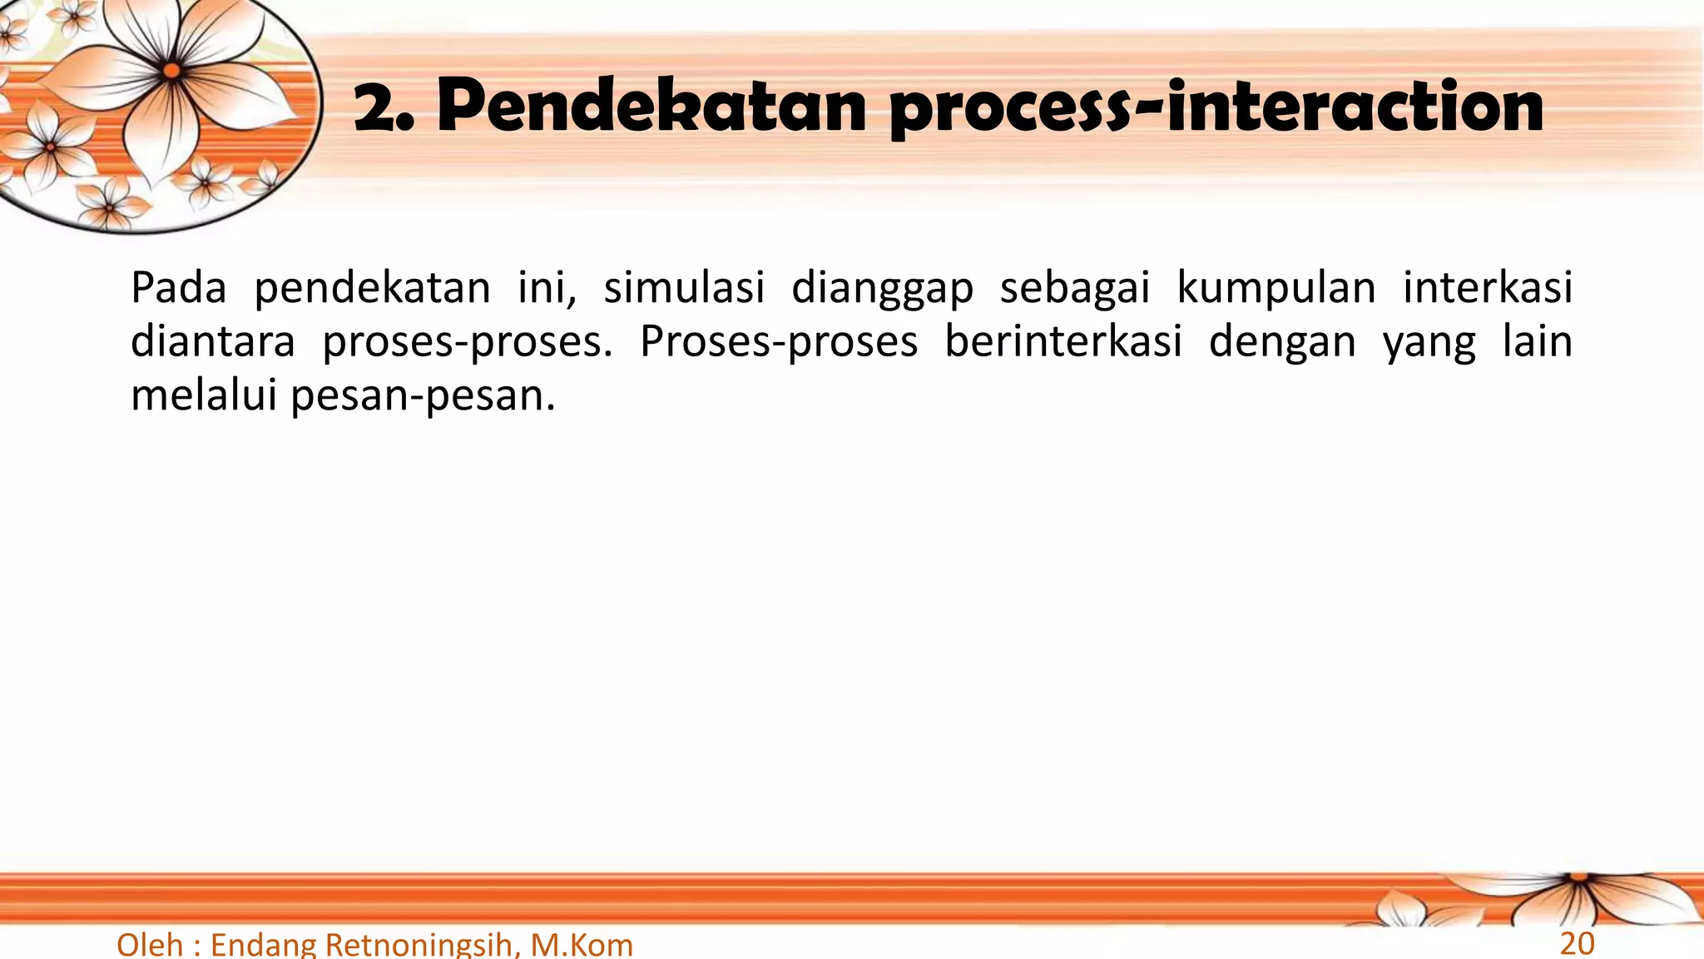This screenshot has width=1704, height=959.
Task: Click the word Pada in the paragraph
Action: [178, 288]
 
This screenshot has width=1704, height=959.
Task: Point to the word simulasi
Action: [684, 288]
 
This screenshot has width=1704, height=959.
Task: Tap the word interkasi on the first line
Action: [1488, 288]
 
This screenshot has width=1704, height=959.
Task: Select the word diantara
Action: [213, 341]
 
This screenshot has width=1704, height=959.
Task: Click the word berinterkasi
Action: [1063, 341]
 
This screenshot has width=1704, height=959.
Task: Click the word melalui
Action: [203, 395]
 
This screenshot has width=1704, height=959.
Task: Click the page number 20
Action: [1577, 944]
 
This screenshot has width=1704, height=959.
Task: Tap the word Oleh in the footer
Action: [150, 945]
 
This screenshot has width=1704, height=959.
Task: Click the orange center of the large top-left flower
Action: [171, 71]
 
